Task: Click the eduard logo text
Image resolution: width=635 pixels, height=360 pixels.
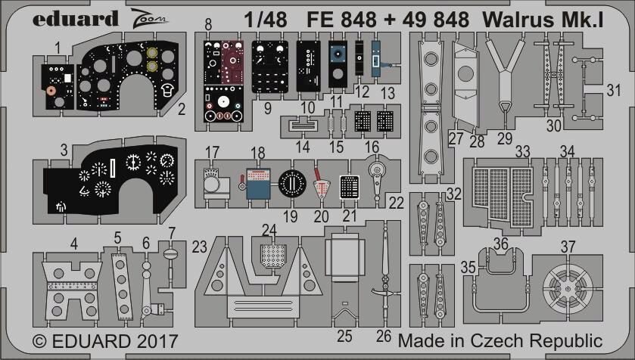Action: pyautogui.click(x=76, y=19)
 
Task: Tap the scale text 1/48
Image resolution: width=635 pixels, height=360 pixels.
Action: pyautogui.click(x=266, y=20)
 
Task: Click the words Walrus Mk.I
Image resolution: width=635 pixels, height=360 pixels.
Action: pyautogui.click(x=543, y=20)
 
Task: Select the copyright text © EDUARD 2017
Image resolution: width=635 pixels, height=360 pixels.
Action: pyautogui.click(x=105, y=341)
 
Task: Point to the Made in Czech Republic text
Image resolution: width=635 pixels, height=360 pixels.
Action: pyautogui.click(x=500, y=340)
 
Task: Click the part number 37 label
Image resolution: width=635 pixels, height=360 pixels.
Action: pyautogui.click(x=568, y=247)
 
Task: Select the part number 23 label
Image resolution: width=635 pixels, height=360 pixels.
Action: pyautogui.click(x=199, y=247)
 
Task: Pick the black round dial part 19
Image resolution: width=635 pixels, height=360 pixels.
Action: pyautogui.click(x=292, y=184)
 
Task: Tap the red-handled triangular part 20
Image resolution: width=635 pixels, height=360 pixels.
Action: pyautogui.click(x=321, y=185)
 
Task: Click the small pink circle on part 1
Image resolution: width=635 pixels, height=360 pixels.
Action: pyautogui.click(x=51, y=90)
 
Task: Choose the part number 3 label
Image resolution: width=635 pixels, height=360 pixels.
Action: pyautogui.click(x=64, y=150)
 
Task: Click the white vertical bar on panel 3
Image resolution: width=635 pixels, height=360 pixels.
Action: pyautogui.click(x=113, y=168)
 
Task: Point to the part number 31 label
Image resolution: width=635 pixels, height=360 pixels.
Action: pyautogui.click(x=614, y=90)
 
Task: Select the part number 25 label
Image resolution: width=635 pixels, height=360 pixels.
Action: pyautogui.click(x=344, y=336)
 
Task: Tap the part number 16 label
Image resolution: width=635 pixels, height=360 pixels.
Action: pyautogui.click(x=372, y=146)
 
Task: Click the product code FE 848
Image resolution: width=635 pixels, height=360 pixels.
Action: pyautogui.click(x=341, y=20)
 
